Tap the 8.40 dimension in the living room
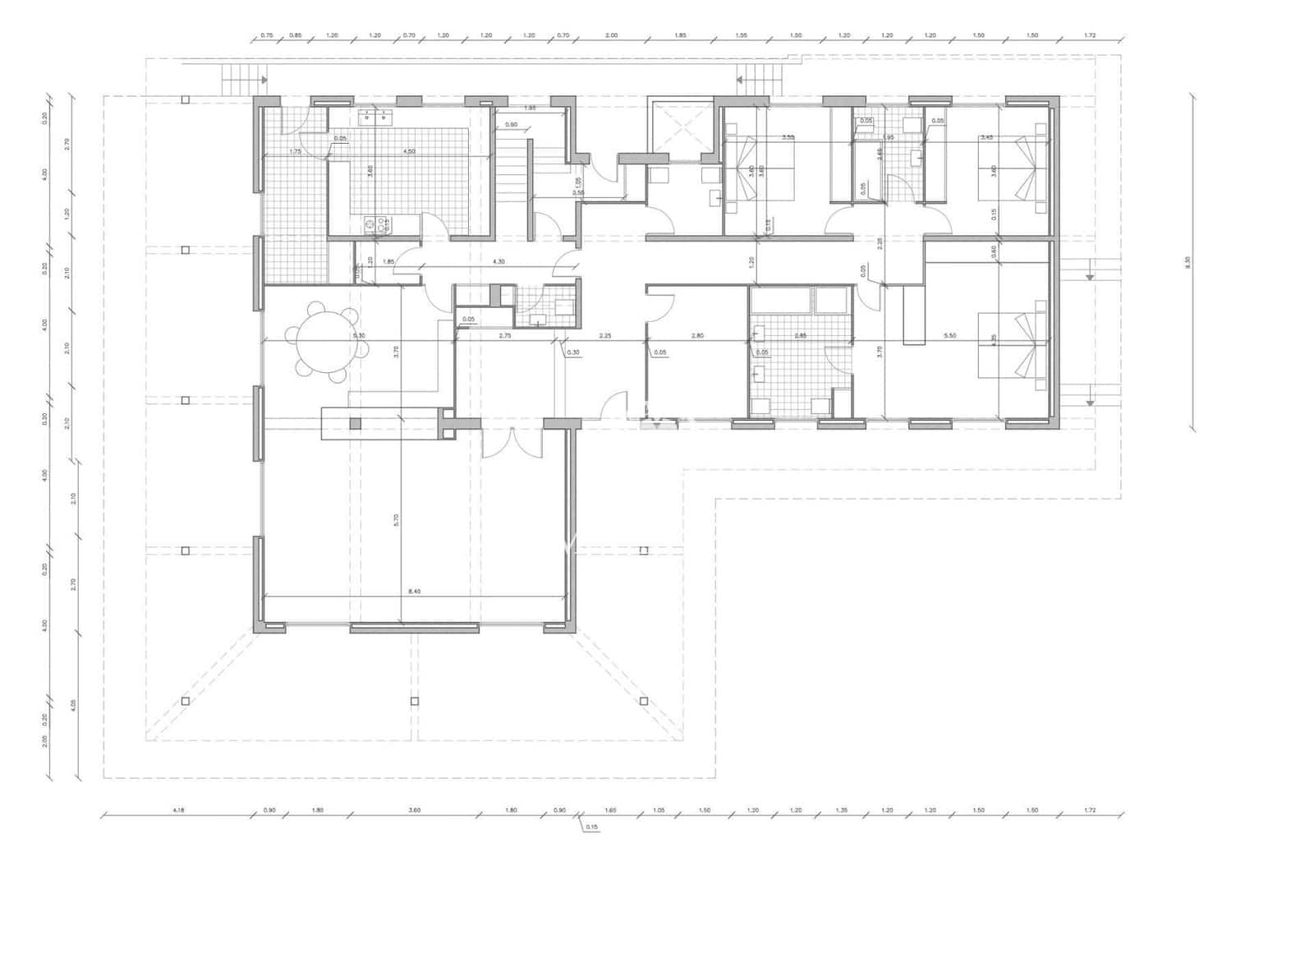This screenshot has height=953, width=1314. tap(415, 591)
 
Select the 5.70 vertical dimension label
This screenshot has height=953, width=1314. tap(397, 520)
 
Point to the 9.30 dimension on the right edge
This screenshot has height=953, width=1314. tap(1188, 262)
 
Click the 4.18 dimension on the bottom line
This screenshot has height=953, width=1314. tap(178, 810)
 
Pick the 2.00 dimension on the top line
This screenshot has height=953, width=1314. tap(611, 35)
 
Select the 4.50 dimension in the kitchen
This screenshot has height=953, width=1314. tap(408, 151)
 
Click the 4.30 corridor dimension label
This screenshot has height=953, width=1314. tap(498, 261)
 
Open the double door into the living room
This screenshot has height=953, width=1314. tap(512, 444)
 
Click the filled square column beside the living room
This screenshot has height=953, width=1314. tap(355, 423)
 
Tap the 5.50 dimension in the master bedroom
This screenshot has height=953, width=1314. tap(951, 336)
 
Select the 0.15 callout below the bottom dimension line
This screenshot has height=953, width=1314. tap(592, 828)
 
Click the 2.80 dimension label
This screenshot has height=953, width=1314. tap(697, 336)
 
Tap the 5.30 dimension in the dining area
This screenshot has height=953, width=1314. tap(359, 336)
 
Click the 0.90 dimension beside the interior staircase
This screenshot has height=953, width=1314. tap(511, 125)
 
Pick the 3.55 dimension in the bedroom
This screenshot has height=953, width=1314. tap(788, 137)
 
